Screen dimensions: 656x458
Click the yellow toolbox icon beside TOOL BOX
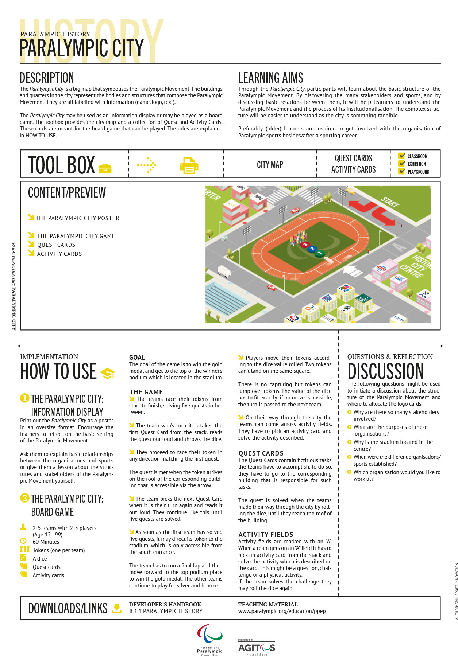click(x=105, y=168)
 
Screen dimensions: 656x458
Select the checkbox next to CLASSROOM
click(x=402, y=156)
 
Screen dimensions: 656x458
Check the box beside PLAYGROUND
click(x=402, y=171)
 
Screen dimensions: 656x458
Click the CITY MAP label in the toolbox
click(x=270, y=165)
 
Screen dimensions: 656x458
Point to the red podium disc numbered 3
click(x=305, y=245)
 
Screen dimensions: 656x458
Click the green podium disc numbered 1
click(x=320, y=253)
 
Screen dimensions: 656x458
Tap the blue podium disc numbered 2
click(x=312, y=249)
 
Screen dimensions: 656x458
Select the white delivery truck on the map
click(x=224, y=272)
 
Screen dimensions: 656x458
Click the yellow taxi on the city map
click(x=350, y=191)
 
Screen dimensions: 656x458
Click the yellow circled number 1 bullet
click(x=24, y=398)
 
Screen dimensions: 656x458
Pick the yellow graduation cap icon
click(x=107, y=373)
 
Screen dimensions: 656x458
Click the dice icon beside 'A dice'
click(x=23, y=558)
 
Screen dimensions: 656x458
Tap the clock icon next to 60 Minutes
click(x=23, y=541)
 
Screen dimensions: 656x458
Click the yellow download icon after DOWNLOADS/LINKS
click(x=117, y=608)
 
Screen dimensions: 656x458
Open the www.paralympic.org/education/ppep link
click(x=282, y=611)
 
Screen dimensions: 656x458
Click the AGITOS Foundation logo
click(x=257, y=648)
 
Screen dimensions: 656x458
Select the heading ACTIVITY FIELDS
click(x=266, y=534)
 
